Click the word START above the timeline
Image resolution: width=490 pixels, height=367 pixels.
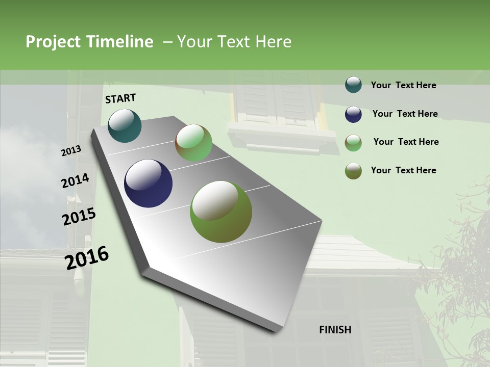120,98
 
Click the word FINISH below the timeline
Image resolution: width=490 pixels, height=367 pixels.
335,330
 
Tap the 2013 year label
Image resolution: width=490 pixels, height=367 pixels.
71,151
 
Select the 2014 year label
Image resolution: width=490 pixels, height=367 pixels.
75,181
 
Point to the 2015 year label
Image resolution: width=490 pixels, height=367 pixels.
79,217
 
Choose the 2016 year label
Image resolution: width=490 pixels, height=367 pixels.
87,258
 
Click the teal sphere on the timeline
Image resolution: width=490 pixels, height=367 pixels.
125,125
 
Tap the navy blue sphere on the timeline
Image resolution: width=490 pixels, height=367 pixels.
148,183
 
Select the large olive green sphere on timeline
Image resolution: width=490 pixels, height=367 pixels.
221,212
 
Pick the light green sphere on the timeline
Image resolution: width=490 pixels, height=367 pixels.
193,143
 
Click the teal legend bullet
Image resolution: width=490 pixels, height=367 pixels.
353,85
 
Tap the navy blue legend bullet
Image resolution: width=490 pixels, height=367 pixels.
353,114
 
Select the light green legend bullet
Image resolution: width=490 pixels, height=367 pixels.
353,142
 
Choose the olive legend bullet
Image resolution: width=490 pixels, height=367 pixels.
353,171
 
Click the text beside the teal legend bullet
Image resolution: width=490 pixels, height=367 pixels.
403,86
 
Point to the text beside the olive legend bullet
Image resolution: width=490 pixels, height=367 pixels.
403,170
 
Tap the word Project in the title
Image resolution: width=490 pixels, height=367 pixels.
53,42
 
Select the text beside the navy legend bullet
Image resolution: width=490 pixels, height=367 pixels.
405,114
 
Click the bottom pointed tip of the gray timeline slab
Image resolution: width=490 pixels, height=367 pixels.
278,332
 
